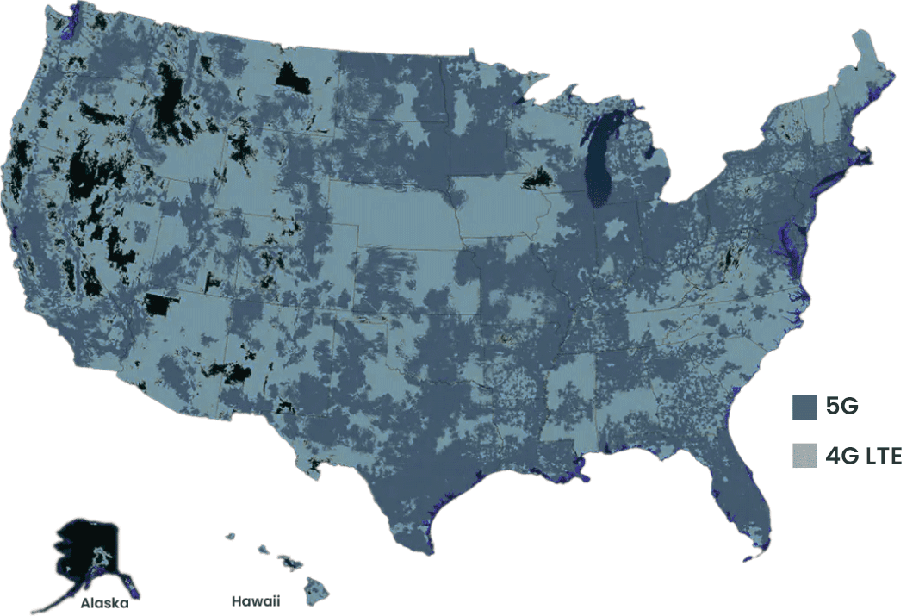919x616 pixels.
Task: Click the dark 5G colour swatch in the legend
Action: tap(804, 408)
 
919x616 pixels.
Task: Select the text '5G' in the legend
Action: tap(841, 408)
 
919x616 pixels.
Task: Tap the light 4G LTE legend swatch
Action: tap(804, 456)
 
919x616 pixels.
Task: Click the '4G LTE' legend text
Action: tap(863, 456)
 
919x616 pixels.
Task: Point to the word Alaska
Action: tap(105, 603)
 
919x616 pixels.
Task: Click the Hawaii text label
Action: tap(255, 600)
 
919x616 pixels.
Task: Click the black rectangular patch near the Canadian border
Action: tap(293, 78)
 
